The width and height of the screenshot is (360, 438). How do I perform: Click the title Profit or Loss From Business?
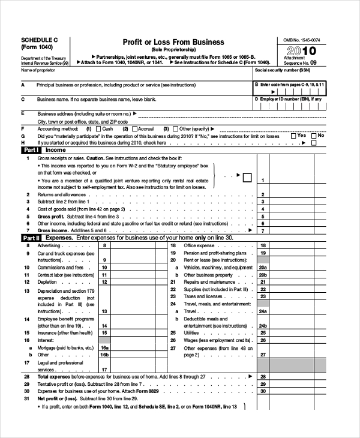click(173, 42)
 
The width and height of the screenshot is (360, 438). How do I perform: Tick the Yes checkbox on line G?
click(293, 136)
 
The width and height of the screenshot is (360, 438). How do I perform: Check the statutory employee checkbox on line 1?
click(246, 177)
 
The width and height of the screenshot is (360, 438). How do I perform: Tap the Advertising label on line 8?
click(49, 245)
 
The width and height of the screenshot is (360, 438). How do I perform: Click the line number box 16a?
click(104, 347)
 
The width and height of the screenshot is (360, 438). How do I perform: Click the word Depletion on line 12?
click(47, 281)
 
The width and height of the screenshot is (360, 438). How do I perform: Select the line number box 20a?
click(262, 267)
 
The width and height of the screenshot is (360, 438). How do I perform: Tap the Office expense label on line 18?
click(199, 245)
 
